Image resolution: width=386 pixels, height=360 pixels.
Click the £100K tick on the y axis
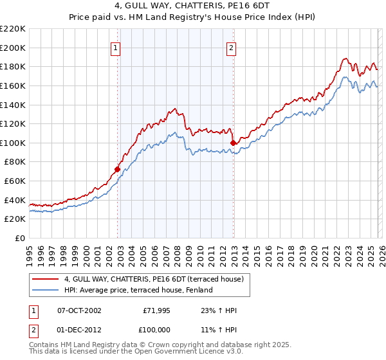(13, 143)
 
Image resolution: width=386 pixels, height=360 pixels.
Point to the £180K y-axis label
(13, 66)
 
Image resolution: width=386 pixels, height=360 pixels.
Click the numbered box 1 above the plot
(115, 47)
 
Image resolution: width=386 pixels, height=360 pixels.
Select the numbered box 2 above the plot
(231, 47)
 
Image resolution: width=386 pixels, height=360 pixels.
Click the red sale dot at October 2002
(118, 170)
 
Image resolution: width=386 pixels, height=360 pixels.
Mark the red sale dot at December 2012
(233, 143)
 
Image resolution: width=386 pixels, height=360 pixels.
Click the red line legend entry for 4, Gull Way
(153, 279)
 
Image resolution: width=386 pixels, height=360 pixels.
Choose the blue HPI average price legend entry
(143, 290)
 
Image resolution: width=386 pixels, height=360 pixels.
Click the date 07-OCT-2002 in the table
(79, 310)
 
